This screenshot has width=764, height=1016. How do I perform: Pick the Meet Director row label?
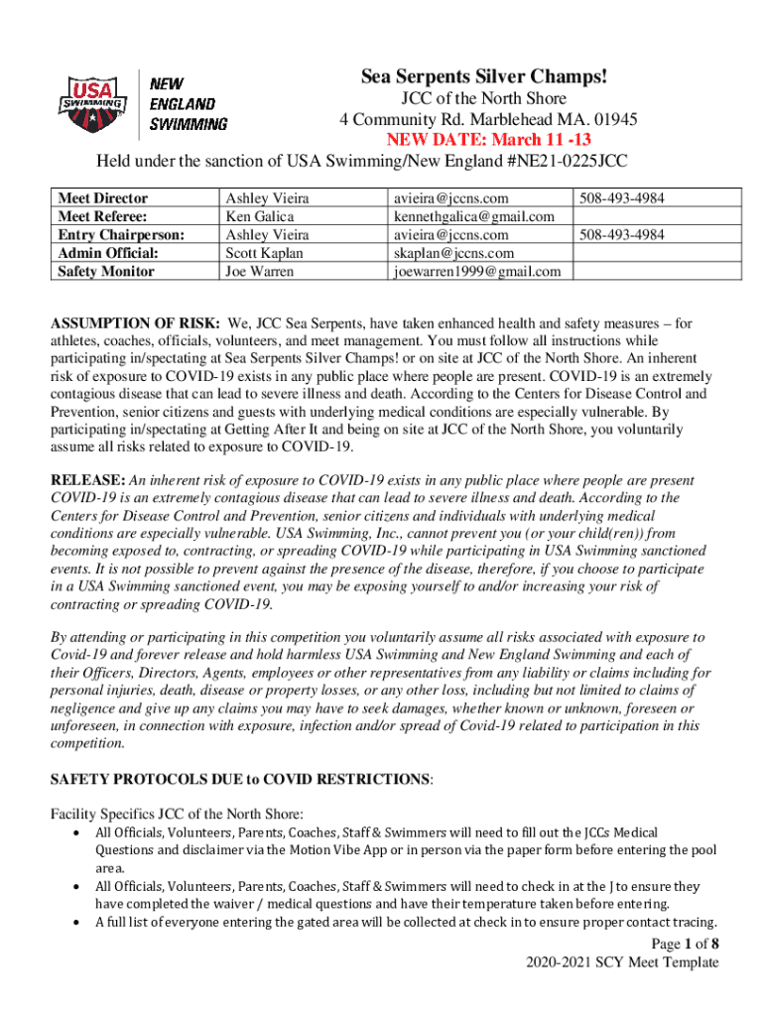[103, 199]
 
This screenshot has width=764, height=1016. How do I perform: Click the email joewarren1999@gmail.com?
[476, 271]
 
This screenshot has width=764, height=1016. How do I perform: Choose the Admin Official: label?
[108, 253]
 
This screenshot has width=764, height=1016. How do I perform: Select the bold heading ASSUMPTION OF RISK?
[135, 322]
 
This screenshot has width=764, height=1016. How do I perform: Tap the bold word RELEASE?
[88, 480]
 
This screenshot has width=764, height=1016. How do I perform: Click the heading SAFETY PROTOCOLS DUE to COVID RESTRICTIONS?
[241, 780]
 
